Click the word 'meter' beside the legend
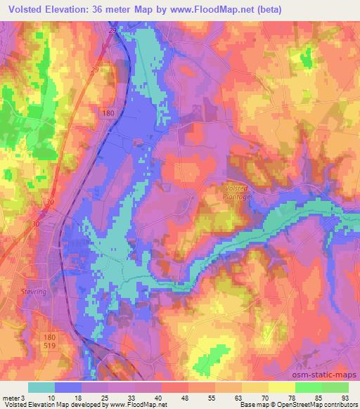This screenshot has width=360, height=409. [x=10, y=397]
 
